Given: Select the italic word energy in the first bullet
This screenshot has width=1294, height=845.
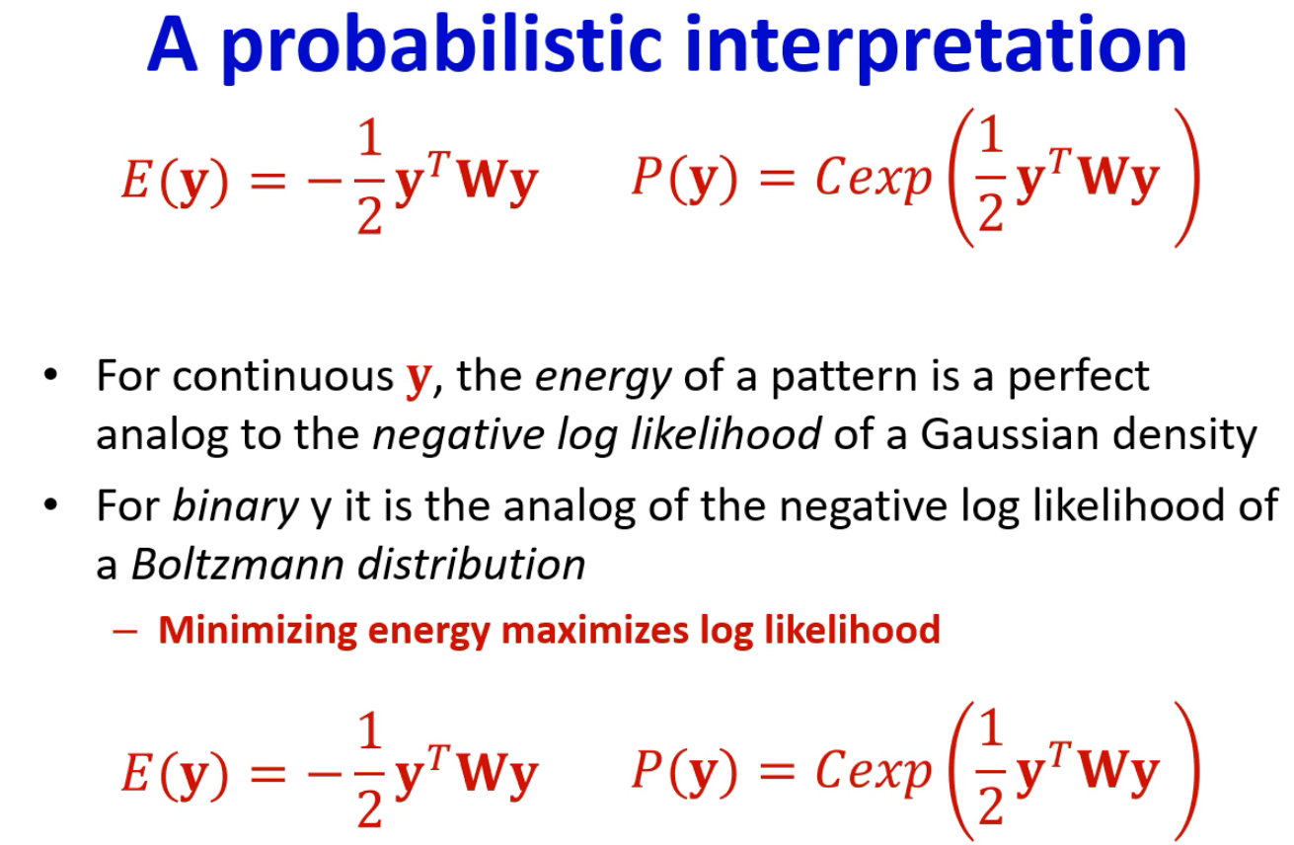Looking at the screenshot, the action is tap(603, 379).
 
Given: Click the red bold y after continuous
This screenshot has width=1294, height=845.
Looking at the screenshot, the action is tap(419, 380).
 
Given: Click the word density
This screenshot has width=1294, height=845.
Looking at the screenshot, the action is tap(1184, 435).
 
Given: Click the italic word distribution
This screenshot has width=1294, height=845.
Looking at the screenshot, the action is tap(472, 565).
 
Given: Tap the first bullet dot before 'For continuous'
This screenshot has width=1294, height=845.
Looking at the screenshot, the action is tap(51, 375).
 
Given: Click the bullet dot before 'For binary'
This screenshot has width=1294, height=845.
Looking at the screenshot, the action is tap(51, 504).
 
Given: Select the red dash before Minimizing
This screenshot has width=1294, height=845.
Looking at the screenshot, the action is tap(125, 632).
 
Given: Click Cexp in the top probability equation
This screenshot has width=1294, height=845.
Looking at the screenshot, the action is tap(874, 179).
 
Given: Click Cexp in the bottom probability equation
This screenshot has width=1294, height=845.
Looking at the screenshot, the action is tap(874, 771).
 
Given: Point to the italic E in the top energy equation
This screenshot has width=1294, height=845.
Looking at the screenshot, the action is tap(136, 180).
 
